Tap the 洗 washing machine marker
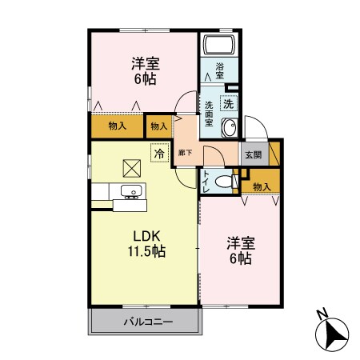pos(228,103)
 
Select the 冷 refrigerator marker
pos(159,152)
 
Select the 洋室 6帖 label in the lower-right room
pos(240,250)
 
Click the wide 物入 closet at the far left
pos(117,126)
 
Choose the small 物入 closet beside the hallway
pos(159,126)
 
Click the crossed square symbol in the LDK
pos(131,168)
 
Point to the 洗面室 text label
pos(209,114)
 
